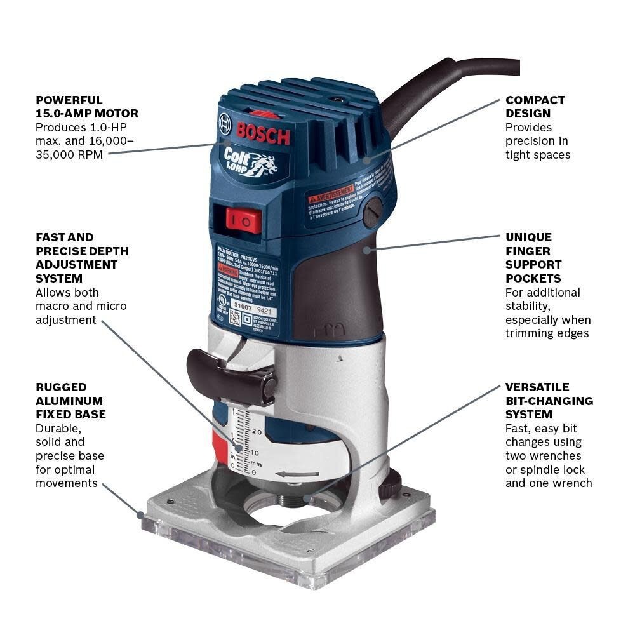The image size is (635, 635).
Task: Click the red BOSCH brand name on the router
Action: [263, 133]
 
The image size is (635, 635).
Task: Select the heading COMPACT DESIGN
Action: [535, 107]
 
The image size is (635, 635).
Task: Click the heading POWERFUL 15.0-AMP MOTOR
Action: [87, 107]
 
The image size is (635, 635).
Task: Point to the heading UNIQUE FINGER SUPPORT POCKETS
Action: [533, 258]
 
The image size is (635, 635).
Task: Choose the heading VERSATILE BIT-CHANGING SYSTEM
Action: [549, 401]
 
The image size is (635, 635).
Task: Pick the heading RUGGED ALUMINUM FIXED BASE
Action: [70, 401]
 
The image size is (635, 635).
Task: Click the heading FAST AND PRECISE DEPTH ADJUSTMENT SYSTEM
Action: [82, 258]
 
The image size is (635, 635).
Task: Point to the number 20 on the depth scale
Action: [257, 432]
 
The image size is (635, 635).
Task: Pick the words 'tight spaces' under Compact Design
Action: [538, 154]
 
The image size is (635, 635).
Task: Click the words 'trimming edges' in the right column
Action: [547, 333]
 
